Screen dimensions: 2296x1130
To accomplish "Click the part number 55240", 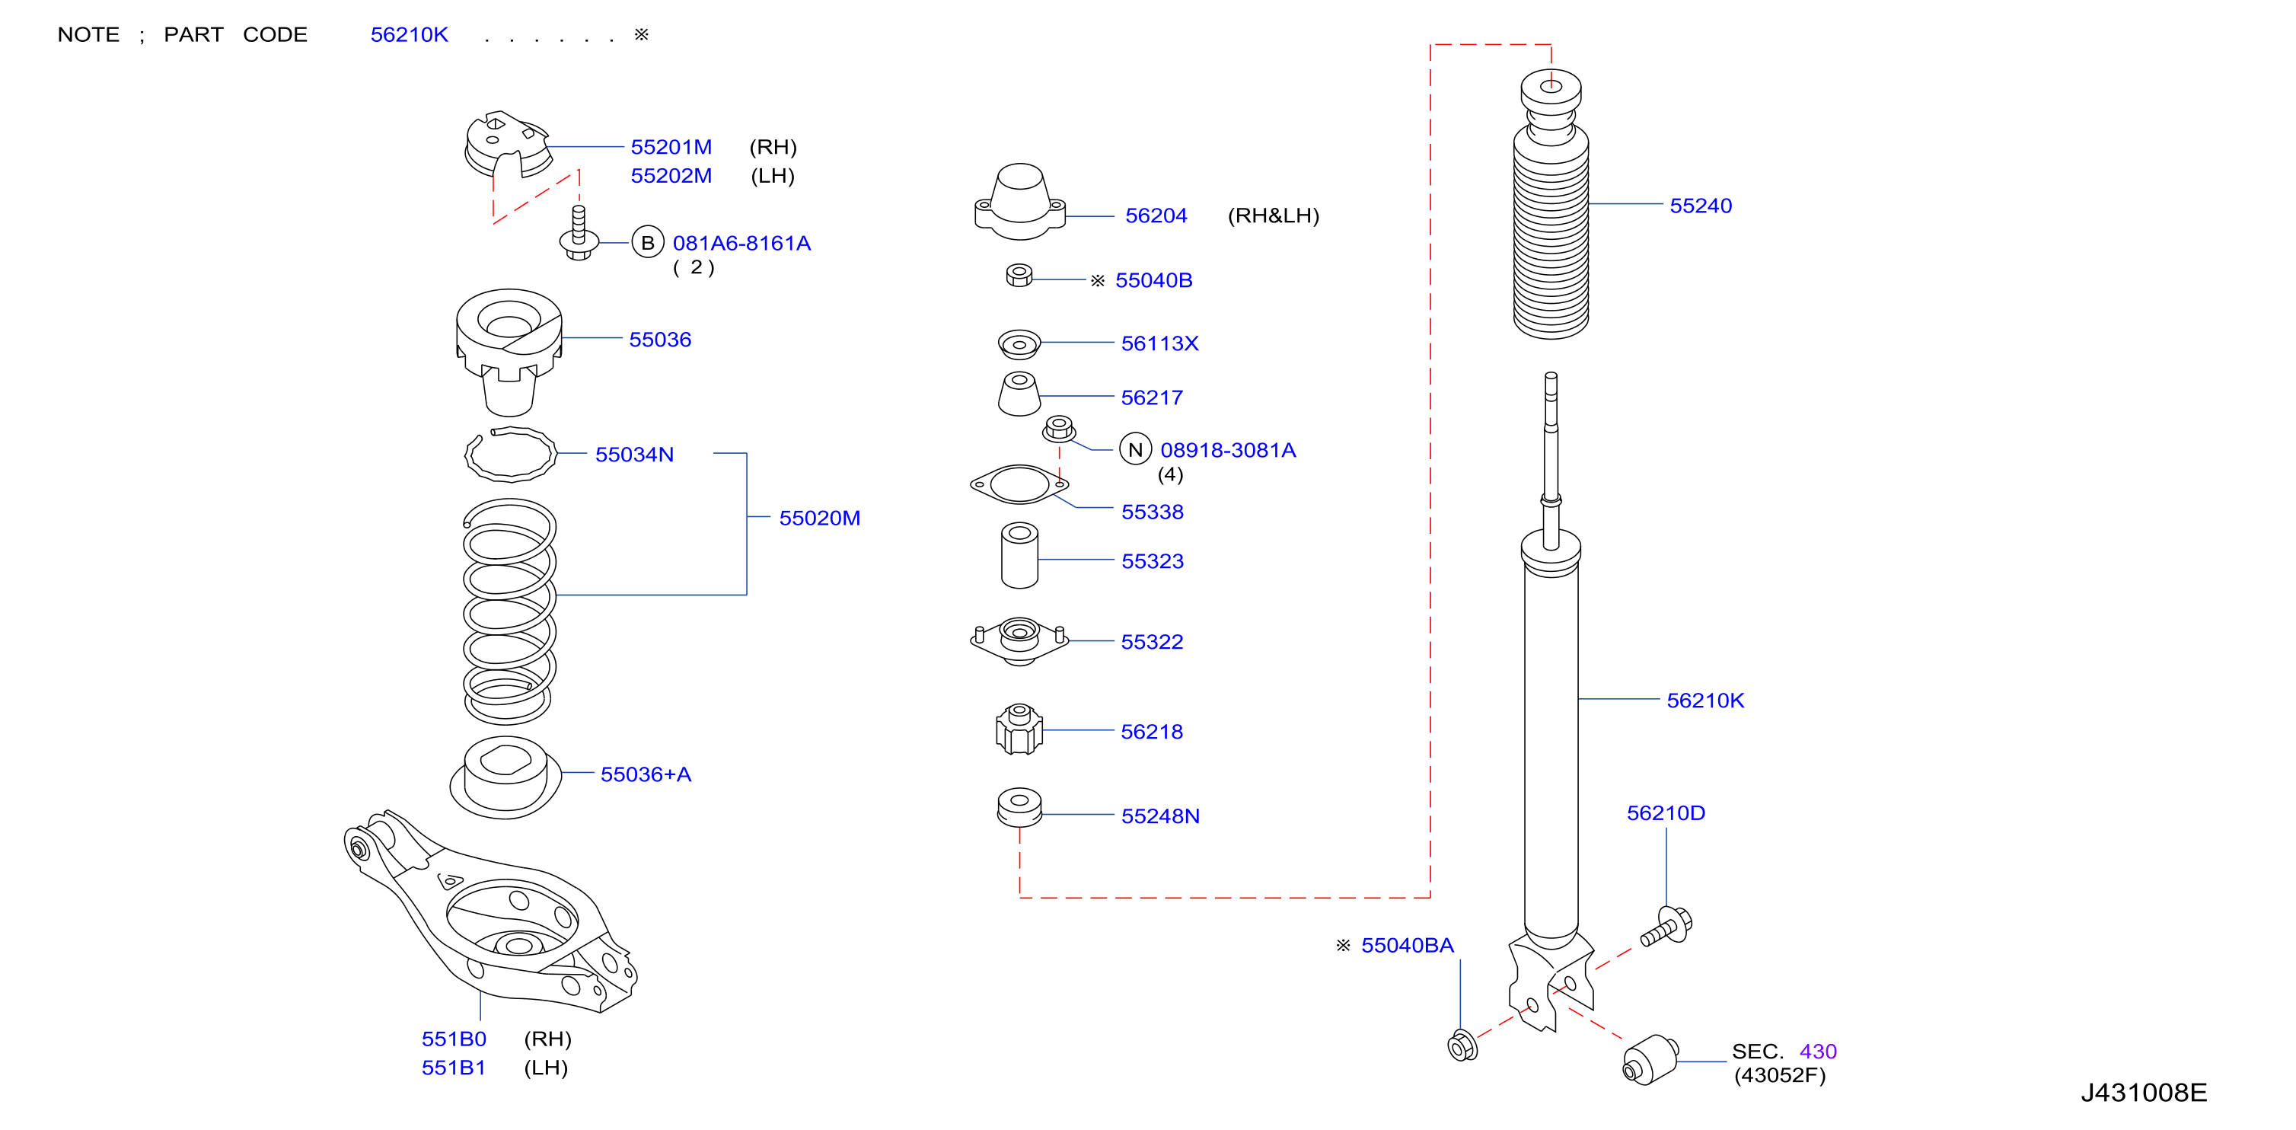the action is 1700,206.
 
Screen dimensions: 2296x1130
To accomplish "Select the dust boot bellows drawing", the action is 1551,204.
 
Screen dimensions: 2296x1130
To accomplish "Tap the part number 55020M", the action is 819,518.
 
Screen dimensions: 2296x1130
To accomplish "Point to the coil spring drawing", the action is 509,611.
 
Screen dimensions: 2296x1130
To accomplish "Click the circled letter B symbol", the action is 648,242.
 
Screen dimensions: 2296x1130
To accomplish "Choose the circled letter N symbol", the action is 1136,450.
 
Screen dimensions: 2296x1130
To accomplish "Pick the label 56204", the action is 1156,215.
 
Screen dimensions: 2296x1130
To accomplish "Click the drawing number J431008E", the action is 2144,1093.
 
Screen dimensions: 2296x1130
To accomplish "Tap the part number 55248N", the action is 1159,816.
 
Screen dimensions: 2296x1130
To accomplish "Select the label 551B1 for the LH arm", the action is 454,1068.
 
